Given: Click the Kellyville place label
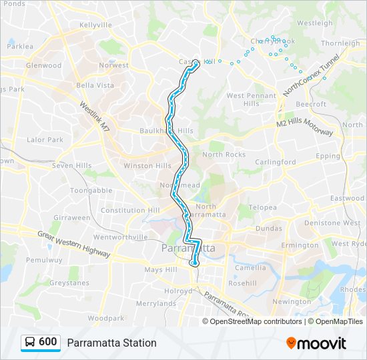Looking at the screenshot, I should (95, 25).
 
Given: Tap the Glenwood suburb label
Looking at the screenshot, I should (43, 65).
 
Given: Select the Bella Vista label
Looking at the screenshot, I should (95, 85).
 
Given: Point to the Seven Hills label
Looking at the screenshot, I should (72, 165).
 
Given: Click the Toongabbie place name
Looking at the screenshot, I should (91, 190).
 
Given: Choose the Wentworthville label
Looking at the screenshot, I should (121, 237).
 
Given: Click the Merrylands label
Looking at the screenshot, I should (156, 303).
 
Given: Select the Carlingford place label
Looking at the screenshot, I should (275, 162).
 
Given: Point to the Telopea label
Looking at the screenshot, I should (262, 207).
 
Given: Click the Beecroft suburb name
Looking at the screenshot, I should (311, 104).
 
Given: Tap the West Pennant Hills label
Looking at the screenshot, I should (251, 99).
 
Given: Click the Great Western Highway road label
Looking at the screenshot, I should (73, 243).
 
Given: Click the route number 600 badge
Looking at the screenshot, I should (47, 342).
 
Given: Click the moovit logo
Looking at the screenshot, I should (316, 343).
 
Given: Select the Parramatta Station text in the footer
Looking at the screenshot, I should (111, 343).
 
